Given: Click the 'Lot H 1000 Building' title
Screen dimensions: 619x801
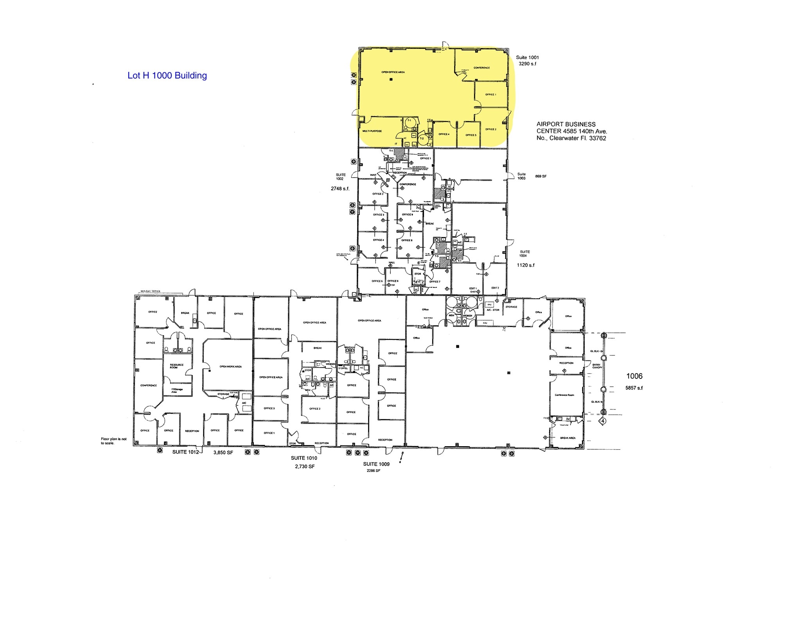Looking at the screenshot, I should [x=167, y=75].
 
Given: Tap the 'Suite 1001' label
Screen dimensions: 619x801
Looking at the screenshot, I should [x=527, y=57].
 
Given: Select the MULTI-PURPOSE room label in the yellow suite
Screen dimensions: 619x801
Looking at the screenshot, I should [x=372, y=131].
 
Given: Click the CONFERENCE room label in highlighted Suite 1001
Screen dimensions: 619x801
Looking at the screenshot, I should [x=481, y=68].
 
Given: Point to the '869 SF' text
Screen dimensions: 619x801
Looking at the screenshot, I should [x=541, y=176].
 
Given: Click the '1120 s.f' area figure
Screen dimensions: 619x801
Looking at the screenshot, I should [x=526, y=265].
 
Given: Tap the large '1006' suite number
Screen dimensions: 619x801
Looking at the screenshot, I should [x=634, y=376].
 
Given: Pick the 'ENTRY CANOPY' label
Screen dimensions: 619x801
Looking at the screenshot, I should [x=597, y=366].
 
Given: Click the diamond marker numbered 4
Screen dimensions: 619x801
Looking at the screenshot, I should [x=603, y=421].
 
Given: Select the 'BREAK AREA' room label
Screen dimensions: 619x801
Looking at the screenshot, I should [x=568, y=438].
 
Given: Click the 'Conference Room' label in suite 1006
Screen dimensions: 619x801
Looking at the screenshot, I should [x=564, y=395].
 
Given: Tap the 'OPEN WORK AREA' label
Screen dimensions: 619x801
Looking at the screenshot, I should [x=230, y=367].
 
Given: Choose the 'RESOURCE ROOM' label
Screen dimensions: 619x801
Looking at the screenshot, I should [x=176, y=366].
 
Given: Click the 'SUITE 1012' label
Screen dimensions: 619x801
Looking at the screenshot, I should [x=186, y=452].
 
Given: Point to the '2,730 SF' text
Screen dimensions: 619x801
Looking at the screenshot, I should [x=305, y=466].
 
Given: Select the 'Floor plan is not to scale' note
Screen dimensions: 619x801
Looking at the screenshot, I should [x=113, y=441].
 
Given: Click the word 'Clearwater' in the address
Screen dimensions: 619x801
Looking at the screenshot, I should [x=565, y=138].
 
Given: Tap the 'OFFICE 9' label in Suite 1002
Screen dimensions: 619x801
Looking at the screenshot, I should [x=407, y=214].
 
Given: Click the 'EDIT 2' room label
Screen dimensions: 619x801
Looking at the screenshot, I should [x=495, y=288].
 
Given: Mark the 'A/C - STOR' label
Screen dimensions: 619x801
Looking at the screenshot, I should [x=493, y=310].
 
